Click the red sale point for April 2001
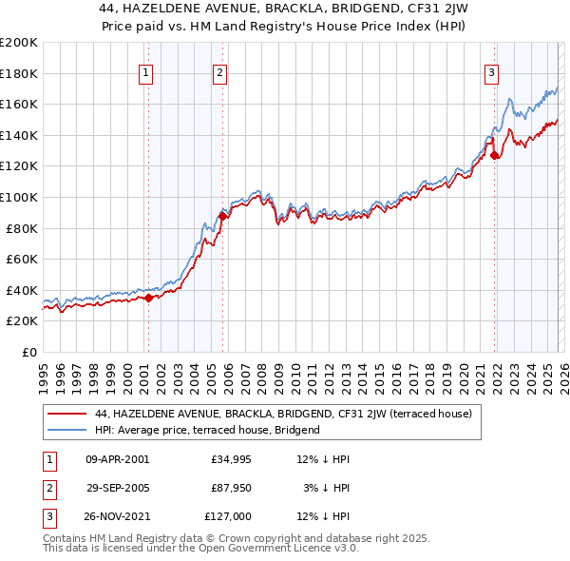tap(148, 298)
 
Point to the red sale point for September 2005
tap(223, 216)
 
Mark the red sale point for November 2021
tap(495, 156)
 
